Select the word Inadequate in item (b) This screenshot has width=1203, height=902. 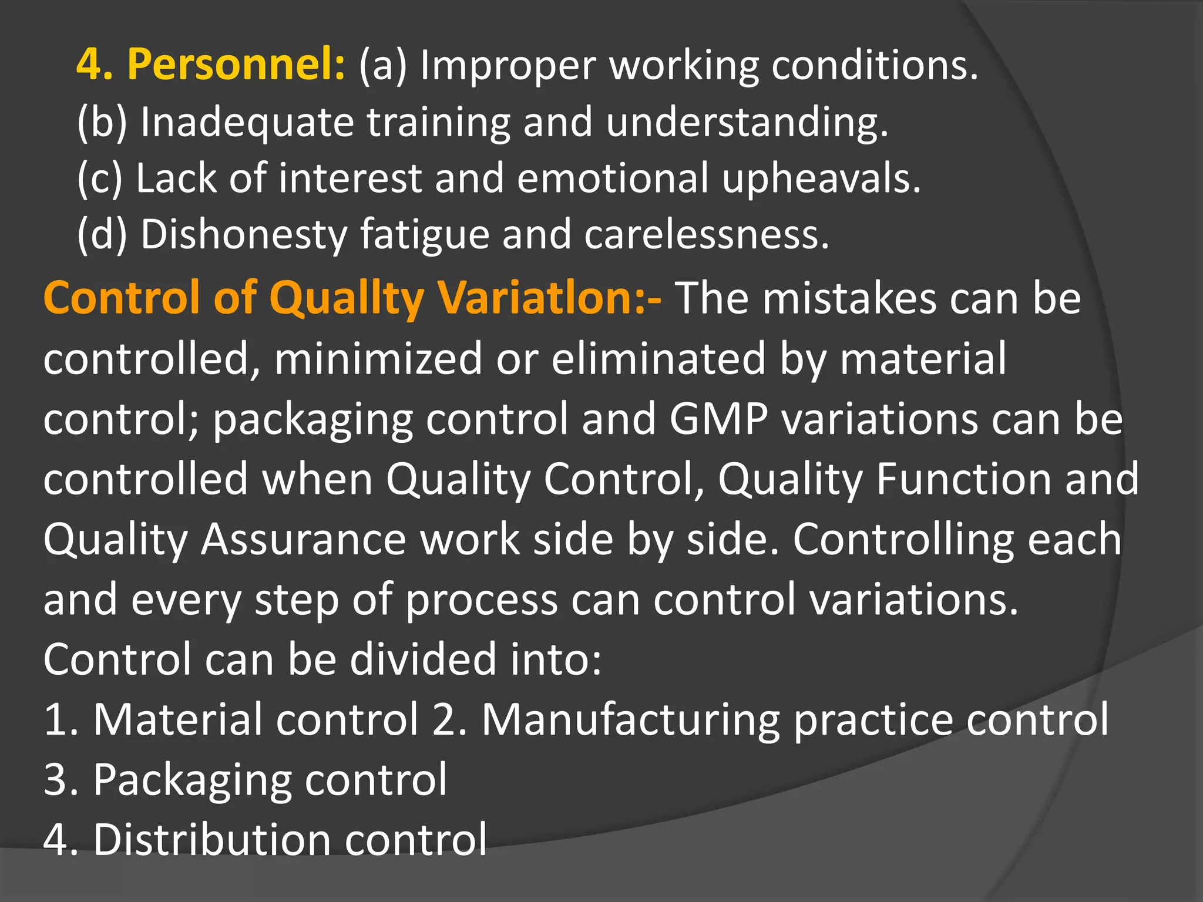click(x=247, y=122)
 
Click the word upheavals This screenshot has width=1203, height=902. click(x=821, y=179)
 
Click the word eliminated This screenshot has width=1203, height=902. click(x=658, y=359)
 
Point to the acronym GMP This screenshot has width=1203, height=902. click(x=718, y=419)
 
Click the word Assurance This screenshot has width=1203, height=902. click(x=303, y=540)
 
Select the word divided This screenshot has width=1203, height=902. click(x=423, y=659)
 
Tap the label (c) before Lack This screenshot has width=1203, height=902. click(x=100, y=179)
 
